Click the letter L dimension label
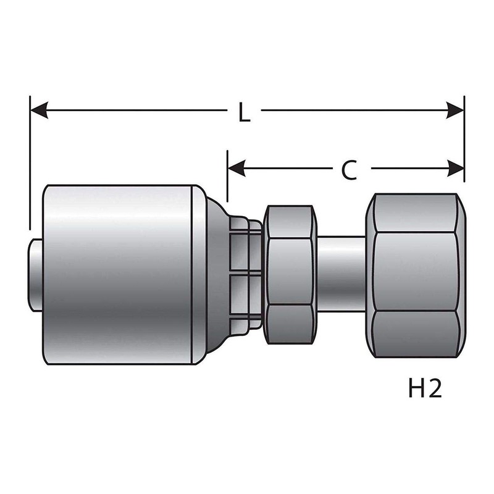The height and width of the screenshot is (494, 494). [245, 112]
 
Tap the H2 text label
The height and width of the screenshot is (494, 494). [425, 390]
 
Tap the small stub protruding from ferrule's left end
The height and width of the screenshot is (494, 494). [36, 273]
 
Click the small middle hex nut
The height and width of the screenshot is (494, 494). [289, 274]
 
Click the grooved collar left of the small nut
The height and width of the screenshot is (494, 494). [245, 274]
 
